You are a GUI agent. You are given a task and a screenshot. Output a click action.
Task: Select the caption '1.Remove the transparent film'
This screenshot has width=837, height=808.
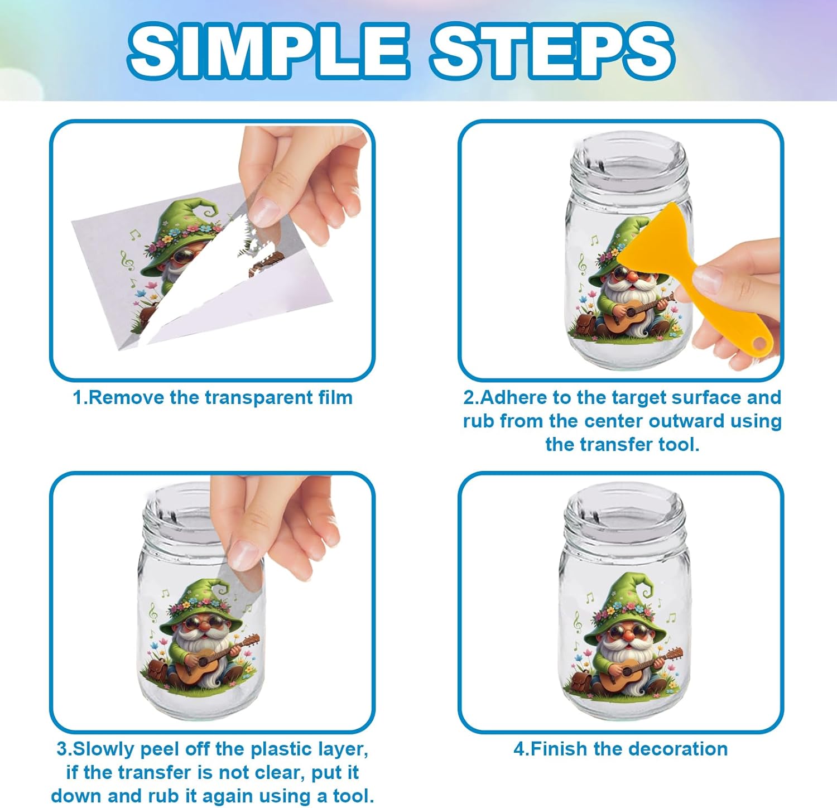tap(213, 398)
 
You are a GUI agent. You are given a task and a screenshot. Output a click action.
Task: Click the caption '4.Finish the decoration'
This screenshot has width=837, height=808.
tap(620, 748)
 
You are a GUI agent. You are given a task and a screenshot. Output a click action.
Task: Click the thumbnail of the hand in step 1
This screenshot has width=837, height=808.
tap(263, 211)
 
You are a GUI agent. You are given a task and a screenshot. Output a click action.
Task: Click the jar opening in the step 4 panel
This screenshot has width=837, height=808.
tap(624, 511)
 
